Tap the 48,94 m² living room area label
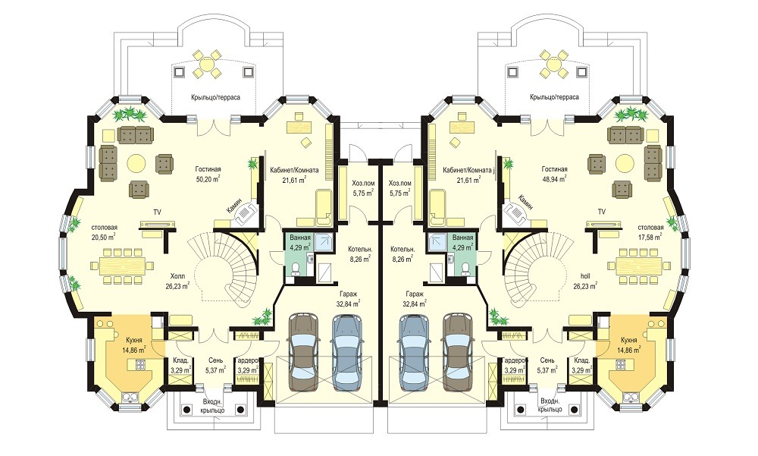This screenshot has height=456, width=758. [555, 178]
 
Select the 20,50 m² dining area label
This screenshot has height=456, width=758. [104, 236]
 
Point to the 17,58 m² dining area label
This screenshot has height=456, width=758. [650, 236]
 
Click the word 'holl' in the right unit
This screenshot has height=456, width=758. [584, 276]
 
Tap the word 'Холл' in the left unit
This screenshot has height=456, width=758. [177, 276]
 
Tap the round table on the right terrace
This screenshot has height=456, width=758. [552, 64]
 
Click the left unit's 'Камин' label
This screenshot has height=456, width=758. [236, 206]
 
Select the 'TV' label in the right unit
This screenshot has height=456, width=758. [601, 212]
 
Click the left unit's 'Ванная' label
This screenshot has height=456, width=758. [299, 237]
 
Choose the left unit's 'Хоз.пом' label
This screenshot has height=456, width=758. [362, 184]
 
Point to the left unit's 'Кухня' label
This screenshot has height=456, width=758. [134, 340]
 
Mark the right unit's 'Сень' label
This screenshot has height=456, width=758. [548, 360]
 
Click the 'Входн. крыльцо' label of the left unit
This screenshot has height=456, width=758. [213, 405]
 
